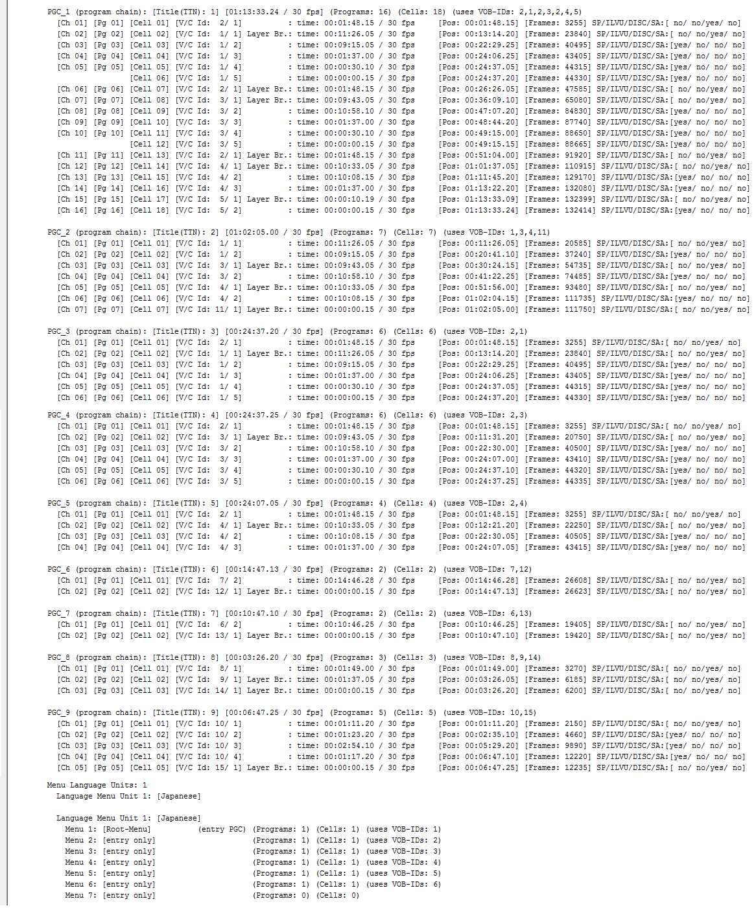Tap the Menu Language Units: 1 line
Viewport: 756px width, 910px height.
97,785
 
